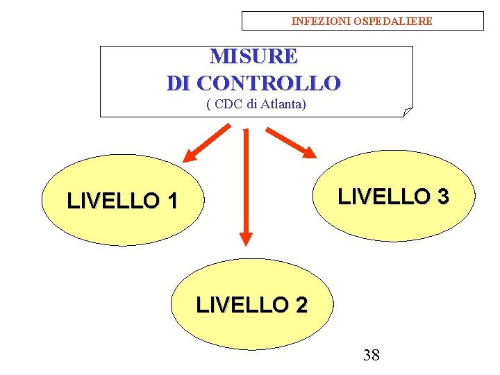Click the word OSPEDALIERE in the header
click(x=393, y=22)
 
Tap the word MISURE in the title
click(x=253, y=56)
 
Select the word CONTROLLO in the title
click(x=269, y=83)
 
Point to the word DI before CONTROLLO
click(x=179, y=83)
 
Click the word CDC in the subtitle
click(x=227, y=105)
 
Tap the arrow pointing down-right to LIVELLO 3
click(x=292, y=142)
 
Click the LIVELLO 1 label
click(x=122, y=201)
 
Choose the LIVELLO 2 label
click(x=252, y=305)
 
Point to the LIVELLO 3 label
click(x=393, y=197)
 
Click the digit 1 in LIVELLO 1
click(x=172, y=201)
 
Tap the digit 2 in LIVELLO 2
click(x=301, y=305)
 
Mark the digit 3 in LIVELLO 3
click(x=442, y=197)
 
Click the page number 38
click(x=372, y=356)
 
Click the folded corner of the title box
click(x=408, y=112)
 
